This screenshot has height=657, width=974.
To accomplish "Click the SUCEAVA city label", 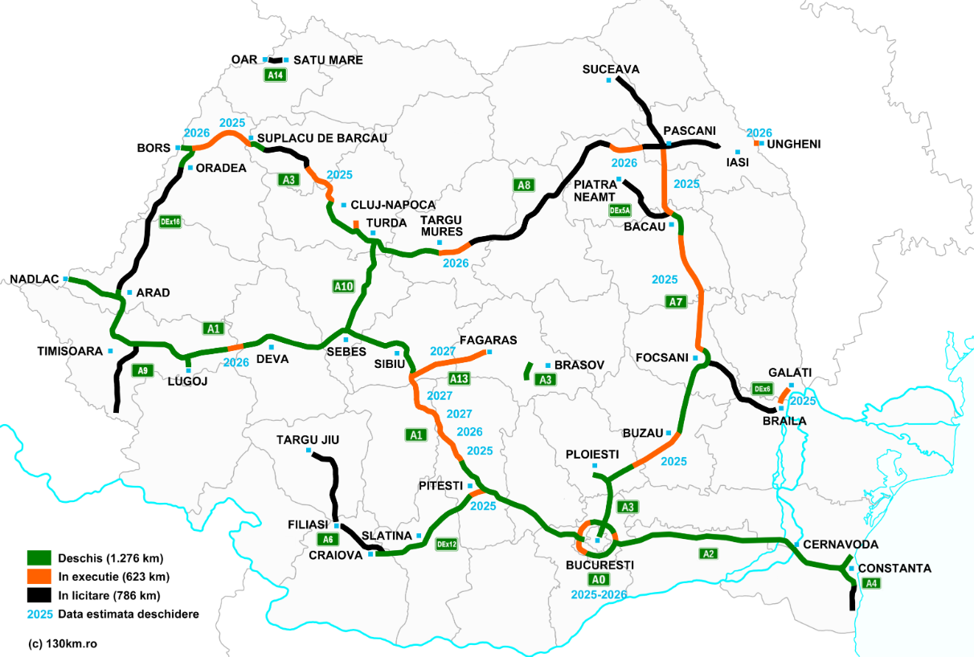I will coord(611,69).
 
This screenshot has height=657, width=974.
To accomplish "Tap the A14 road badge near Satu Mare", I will coord(276,75).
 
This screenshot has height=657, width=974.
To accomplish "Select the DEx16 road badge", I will coord(170,222).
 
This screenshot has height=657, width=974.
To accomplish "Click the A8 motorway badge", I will coord(524,186).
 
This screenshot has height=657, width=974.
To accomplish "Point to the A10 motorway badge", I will coord(343,285).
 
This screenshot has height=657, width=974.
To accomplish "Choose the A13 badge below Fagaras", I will coord(459,378).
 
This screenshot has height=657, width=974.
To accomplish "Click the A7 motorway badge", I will coord(677,302).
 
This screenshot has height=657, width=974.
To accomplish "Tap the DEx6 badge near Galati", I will coord(762,389).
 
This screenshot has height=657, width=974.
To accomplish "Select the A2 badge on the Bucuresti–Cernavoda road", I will coord(708,553).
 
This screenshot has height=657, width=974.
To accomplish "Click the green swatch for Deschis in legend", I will coord(39,557).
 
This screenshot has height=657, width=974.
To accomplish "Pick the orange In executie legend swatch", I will coord(39,577).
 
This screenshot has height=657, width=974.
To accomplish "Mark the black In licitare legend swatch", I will coord(39,595).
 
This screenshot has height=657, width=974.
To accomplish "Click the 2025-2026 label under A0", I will coord(599,594).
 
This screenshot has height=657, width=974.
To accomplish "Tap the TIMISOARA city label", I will coord(70,351).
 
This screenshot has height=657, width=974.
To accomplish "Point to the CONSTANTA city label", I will coord(894,569).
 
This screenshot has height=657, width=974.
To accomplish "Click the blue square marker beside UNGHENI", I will coord(757,142).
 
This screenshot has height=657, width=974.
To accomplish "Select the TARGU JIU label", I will coord(308,440).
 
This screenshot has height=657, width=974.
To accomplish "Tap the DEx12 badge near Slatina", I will coord(447,544).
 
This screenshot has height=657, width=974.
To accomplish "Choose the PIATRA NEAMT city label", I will coord(595,190).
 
